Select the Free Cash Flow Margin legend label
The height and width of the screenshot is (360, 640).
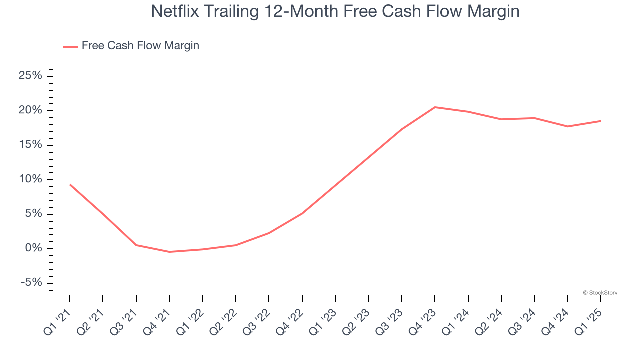(x=140, y=46)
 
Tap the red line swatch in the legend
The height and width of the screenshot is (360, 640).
(x=70, y=46)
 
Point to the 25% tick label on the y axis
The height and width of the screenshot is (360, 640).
(x=30, y=76)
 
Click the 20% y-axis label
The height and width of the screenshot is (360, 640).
(x=30, y=110)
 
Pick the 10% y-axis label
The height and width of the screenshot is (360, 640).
(x=30, y=179)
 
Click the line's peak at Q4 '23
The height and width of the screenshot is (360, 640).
(x=435, y=107)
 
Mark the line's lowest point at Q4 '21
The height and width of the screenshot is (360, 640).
(x=169, y=252)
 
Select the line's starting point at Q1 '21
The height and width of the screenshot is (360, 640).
(x=70, y=184)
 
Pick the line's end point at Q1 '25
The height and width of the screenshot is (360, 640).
(x=600, y=121)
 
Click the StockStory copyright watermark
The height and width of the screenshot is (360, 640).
(x=600, y=293)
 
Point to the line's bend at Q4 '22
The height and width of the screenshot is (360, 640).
(x=302, y=213)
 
